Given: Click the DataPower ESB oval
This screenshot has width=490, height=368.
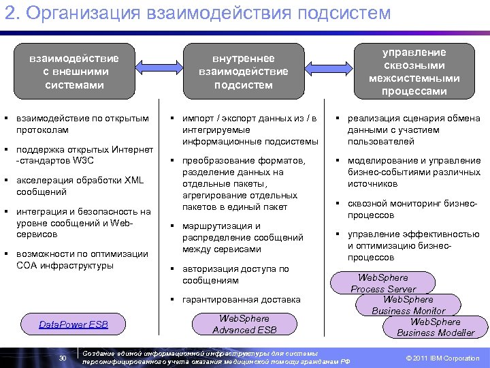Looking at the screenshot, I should [x=73, y=324].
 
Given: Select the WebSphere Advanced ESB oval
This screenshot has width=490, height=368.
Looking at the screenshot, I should [x=244, y=324].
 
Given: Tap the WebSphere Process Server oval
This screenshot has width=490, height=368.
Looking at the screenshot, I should [x=383, y=283].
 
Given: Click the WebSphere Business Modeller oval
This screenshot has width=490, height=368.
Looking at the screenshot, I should [x=436, y=327].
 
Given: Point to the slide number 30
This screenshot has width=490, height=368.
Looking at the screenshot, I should [x=63, y=358].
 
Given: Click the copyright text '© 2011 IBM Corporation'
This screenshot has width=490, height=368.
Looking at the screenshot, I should [x=442, y=358].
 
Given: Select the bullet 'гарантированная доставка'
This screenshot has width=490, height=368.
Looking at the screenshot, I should [x=241, y=299].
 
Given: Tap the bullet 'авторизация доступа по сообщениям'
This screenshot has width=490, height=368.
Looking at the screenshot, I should [x=235, y=275].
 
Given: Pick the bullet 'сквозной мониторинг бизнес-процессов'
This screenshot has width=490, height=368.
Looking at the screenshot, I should [x=412, y=209].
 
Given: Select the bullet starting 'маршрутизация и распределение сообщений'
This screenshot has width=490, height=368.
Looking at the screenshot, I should [x=242, y=237].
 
